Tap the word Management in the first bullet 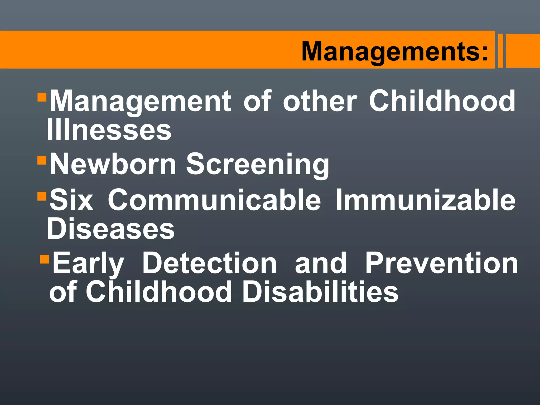[140, 102]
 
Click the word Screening [258, 165]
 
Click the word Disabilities [320, 292]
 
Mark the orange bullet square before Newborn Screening [42, 160]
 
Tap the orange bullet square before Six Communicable [42, 196]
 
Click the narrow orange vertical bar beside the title [500, 51]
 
